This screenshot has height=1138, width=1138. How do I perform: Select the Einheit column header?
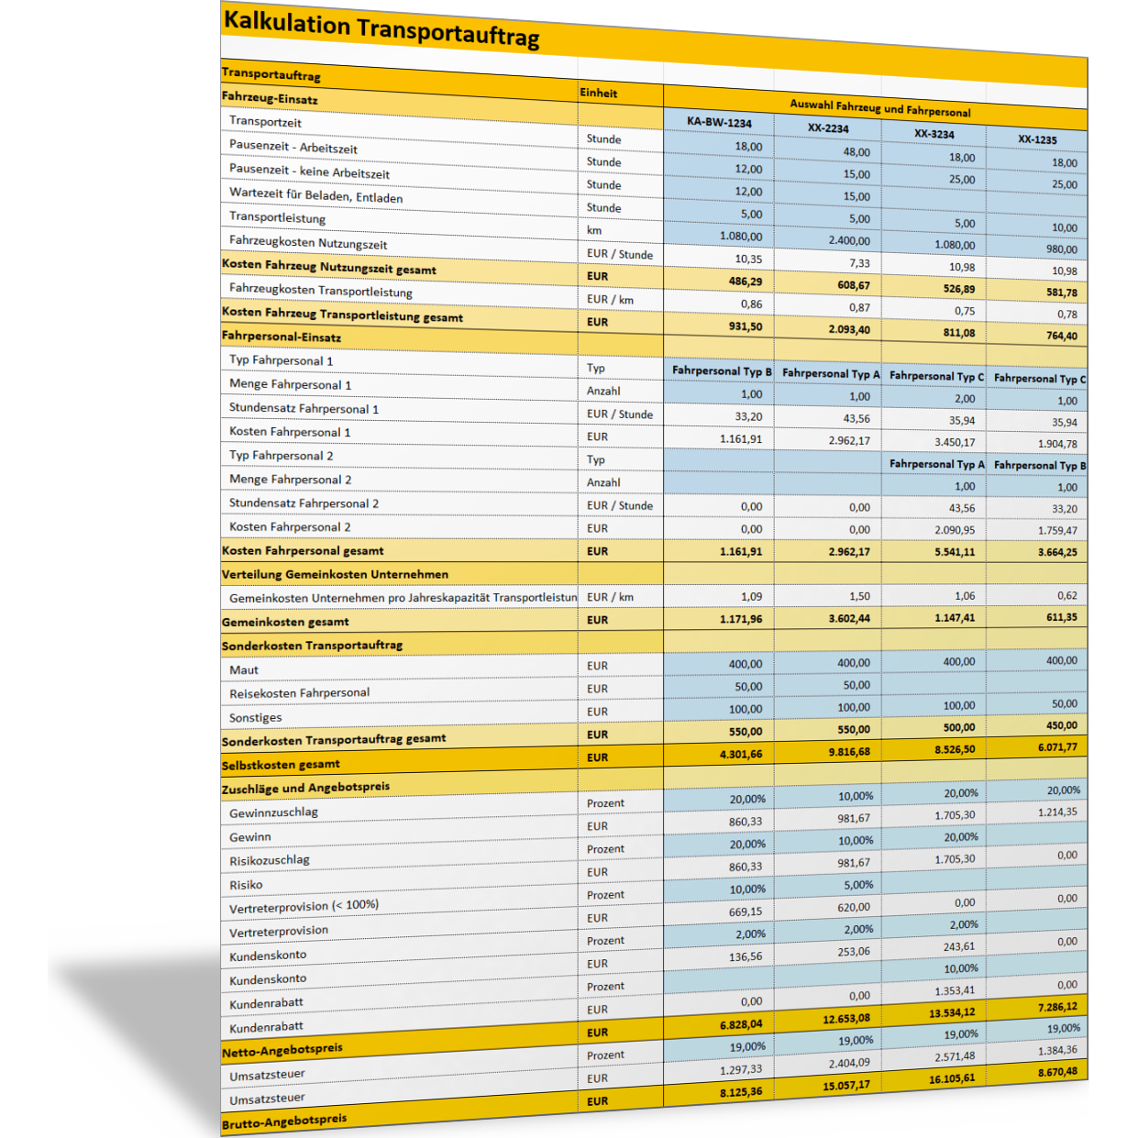pos(599,93)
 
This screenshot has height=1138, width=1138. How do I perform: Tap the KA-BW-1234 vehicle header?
pos(719,122)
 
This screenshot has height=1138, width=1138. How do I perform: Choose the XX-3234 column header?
pos(934,134)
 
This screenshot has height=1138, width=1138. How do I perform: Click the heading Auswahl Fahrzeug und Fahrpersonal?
pos(879,108)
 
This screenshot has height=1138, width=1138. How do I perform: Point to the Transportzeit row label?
pos(265,122)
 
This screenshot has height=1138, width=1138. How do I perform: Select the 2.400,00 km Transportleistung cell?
pos(849,241)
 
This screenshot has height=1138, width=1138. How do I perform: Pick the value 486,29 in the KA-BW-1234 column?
pos(745,282)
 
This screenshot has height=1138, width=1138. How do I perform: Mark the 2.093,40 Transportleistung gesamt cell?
pos(849,330)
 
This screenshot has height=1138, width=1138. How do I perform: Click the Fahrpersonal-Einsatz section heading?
pos(282,337)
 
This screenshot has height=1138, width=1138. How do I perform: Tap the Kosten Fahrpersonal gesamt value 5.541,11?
pos(955,552)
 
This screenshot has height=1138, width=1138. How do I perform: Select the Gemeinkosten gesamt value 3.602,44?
pos(849,619)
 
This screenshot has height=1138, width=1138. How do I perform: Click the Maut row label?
pos(244,670)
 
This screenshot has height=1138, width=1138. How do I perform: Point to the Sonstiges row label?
pos(256,718)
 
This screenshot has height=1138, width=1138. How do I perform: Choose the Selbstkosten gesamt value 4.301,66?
pos(741,755)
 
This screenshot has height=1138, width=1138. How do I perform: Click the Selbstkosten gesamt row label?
pos(281,764)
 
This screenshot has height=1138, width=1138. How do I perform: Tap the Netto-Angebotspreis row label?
pos(282,1049)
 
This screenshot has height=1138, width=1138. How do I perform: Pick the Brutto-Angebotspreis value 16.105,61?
pos(951,1078)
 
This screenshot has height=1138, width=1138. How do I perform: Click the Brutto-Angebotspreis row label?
pos(284,1121)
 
